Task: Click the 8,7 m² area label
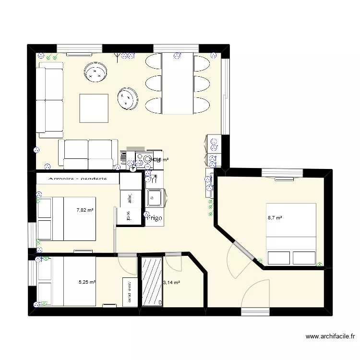[275, 218]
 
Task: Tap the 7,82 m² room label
[85, 210]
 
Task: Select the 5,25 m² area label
[86, 283]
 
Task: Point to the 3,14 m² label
[172, 283]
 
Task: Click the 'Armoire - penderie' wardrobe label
[78, 179]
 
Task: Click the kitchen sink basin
[155, 197]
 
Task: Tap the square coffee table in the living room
[94, 108]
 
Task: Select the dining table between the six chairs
[178, 83]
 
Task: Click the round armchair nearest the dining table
[128, 98]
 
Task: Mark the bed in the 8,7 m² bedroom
[291, 234]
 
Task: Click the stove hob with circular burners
[143, 158]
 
